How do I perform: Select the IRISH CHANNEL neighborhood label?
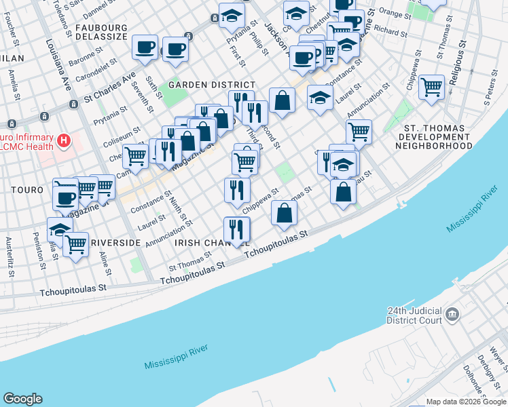202,242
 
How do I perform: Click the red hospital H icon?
63,141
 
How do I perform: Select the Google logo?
22,399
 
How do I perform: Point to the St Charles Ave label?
109,86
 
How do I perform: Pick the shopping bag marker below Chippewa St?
284,213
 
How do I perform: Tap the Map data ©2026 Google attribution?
466,402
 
